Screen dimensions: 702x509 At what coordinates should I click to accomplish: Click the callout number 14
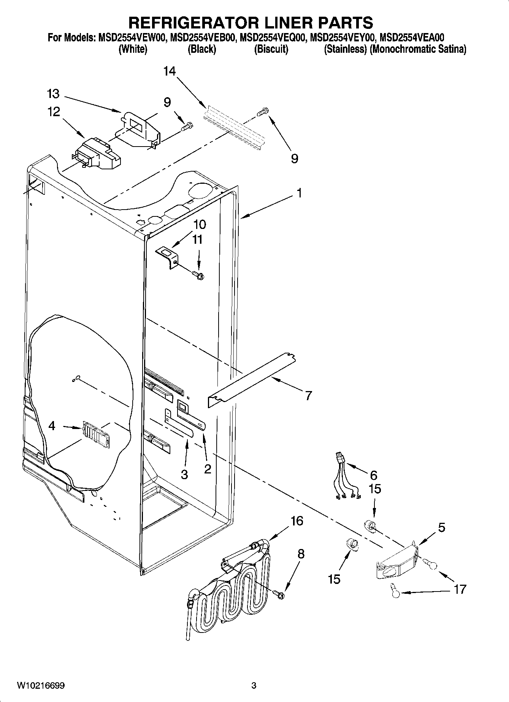pos(170,71)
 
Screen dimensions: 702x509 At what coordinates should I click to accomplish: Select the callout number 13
pos(54,94)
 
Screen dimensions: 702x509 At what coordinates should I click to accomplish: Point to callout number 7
pos(308,396)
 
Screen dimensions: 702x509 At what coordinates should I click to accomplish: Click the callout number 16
pos(297,521)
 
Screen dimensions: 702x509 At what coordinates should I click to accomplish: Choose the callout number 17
pos(460,589)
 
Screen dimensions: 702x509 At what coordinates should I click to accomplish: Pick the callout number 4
pos(52,426)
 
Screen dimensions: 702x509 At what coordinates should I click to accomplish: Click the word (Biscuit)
pos(271,49)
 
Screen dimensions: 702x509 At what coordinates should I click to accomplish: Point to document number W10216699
pos(41,686)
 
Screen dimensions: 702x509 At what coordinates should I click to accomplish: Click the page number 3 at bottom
pos(254,686)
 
